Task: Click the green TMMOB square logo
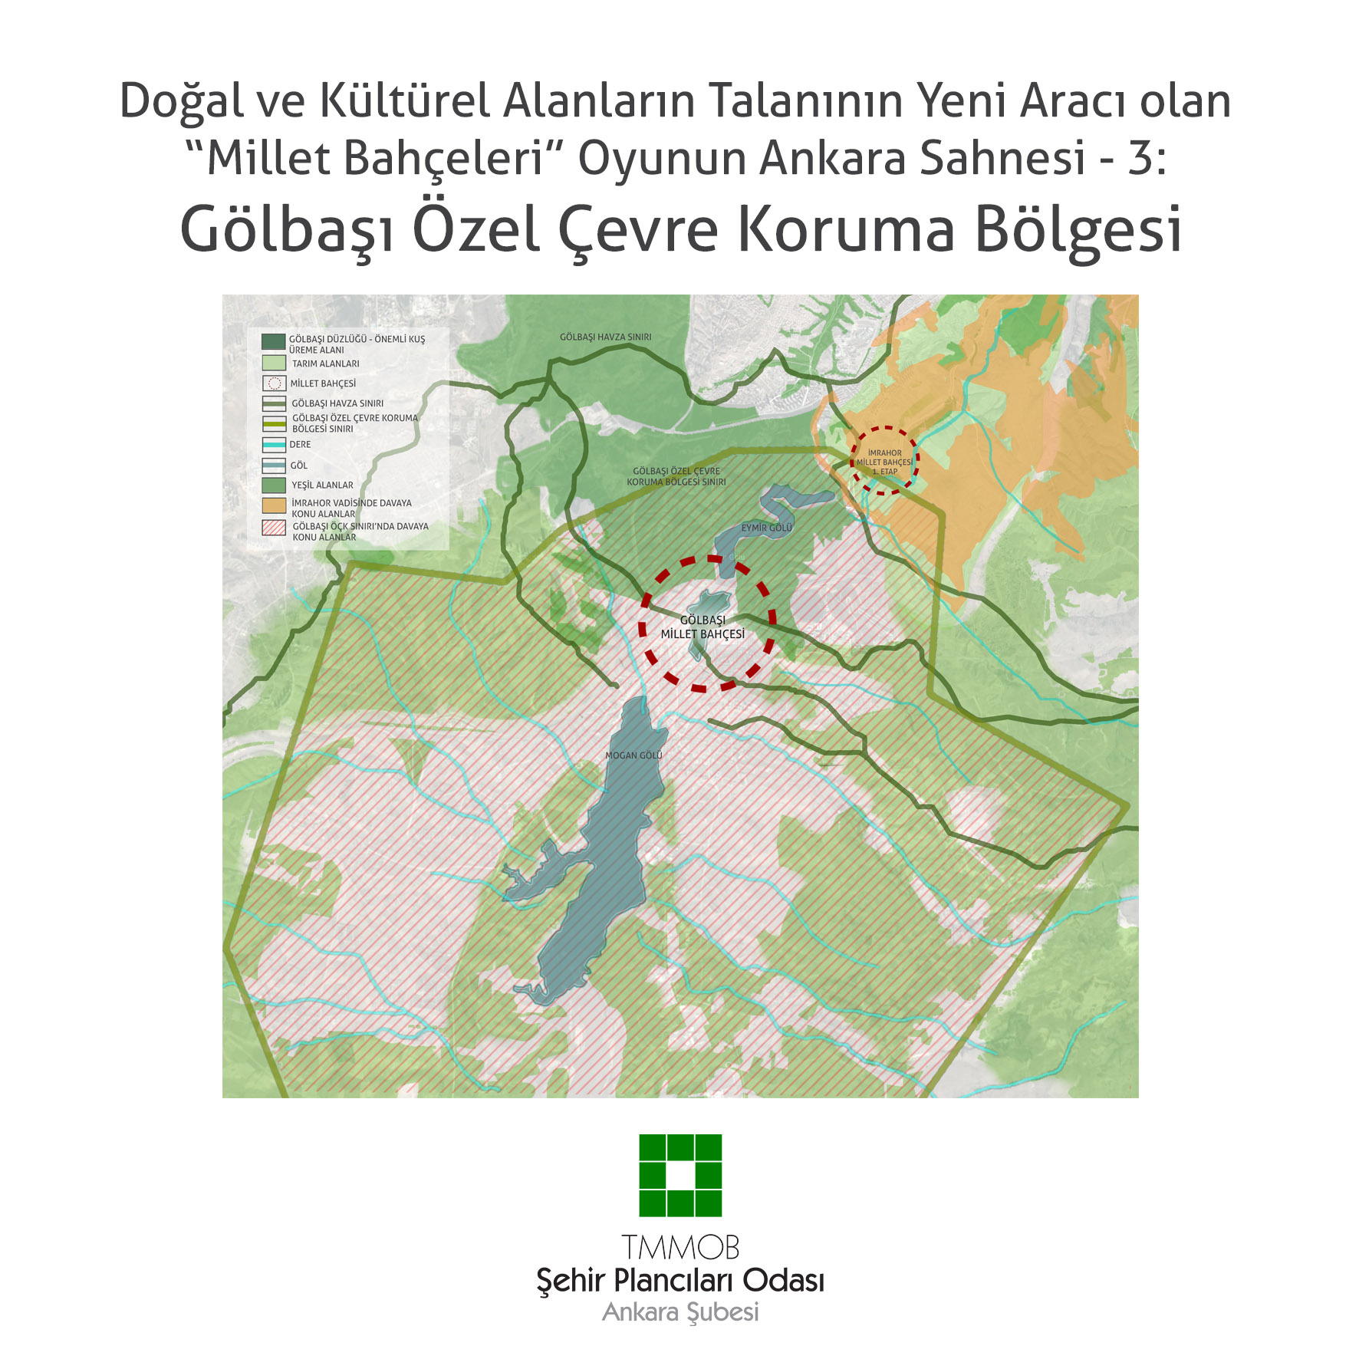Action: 680,1175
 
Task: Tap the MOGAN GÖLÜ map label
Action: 633,755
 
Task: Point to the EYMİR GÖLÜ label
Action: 766,528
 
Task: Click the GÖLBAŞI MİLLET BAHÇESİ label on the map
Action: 703,627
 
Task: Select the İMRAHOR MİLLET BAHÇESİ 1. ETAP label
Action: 884,462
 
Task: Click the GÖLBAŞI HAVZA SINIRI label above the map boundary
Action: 605,337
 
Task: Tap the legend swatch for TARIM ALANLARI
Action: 274,364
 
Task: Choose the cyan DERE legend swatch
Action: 274,445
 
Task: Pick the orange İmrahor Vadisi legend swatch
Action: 274,505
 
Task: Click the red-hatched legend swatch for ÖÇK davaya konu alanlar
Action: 274,528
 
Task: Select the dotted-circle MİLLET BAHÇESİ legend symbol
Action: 274,383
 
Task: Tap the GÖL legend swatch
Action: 274,466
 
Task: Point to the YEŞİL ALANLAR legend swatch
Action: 274,485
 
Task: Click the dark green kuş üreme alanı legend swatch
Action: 274,341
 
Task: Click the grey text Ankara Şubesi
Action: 680,1312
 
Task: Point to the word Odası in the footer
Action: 783,1280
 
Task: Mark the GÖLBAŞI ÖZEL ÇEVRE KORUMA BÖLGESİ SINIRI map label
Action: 676,476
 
